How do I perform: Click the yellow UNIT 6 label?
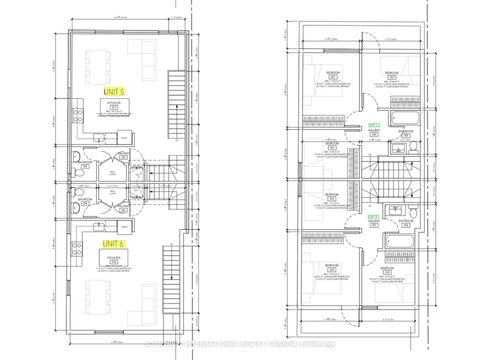point(114,243)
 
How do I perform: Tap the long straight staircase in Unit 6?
point(180,270)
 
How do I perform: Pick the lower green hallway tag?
point(373,216)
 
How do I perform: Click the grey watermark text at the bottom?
point(240,347)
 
